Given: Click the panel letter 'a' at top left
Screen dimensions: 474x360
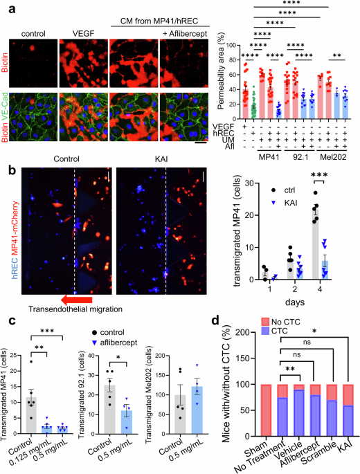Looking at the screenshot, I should tap(6, 6).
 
